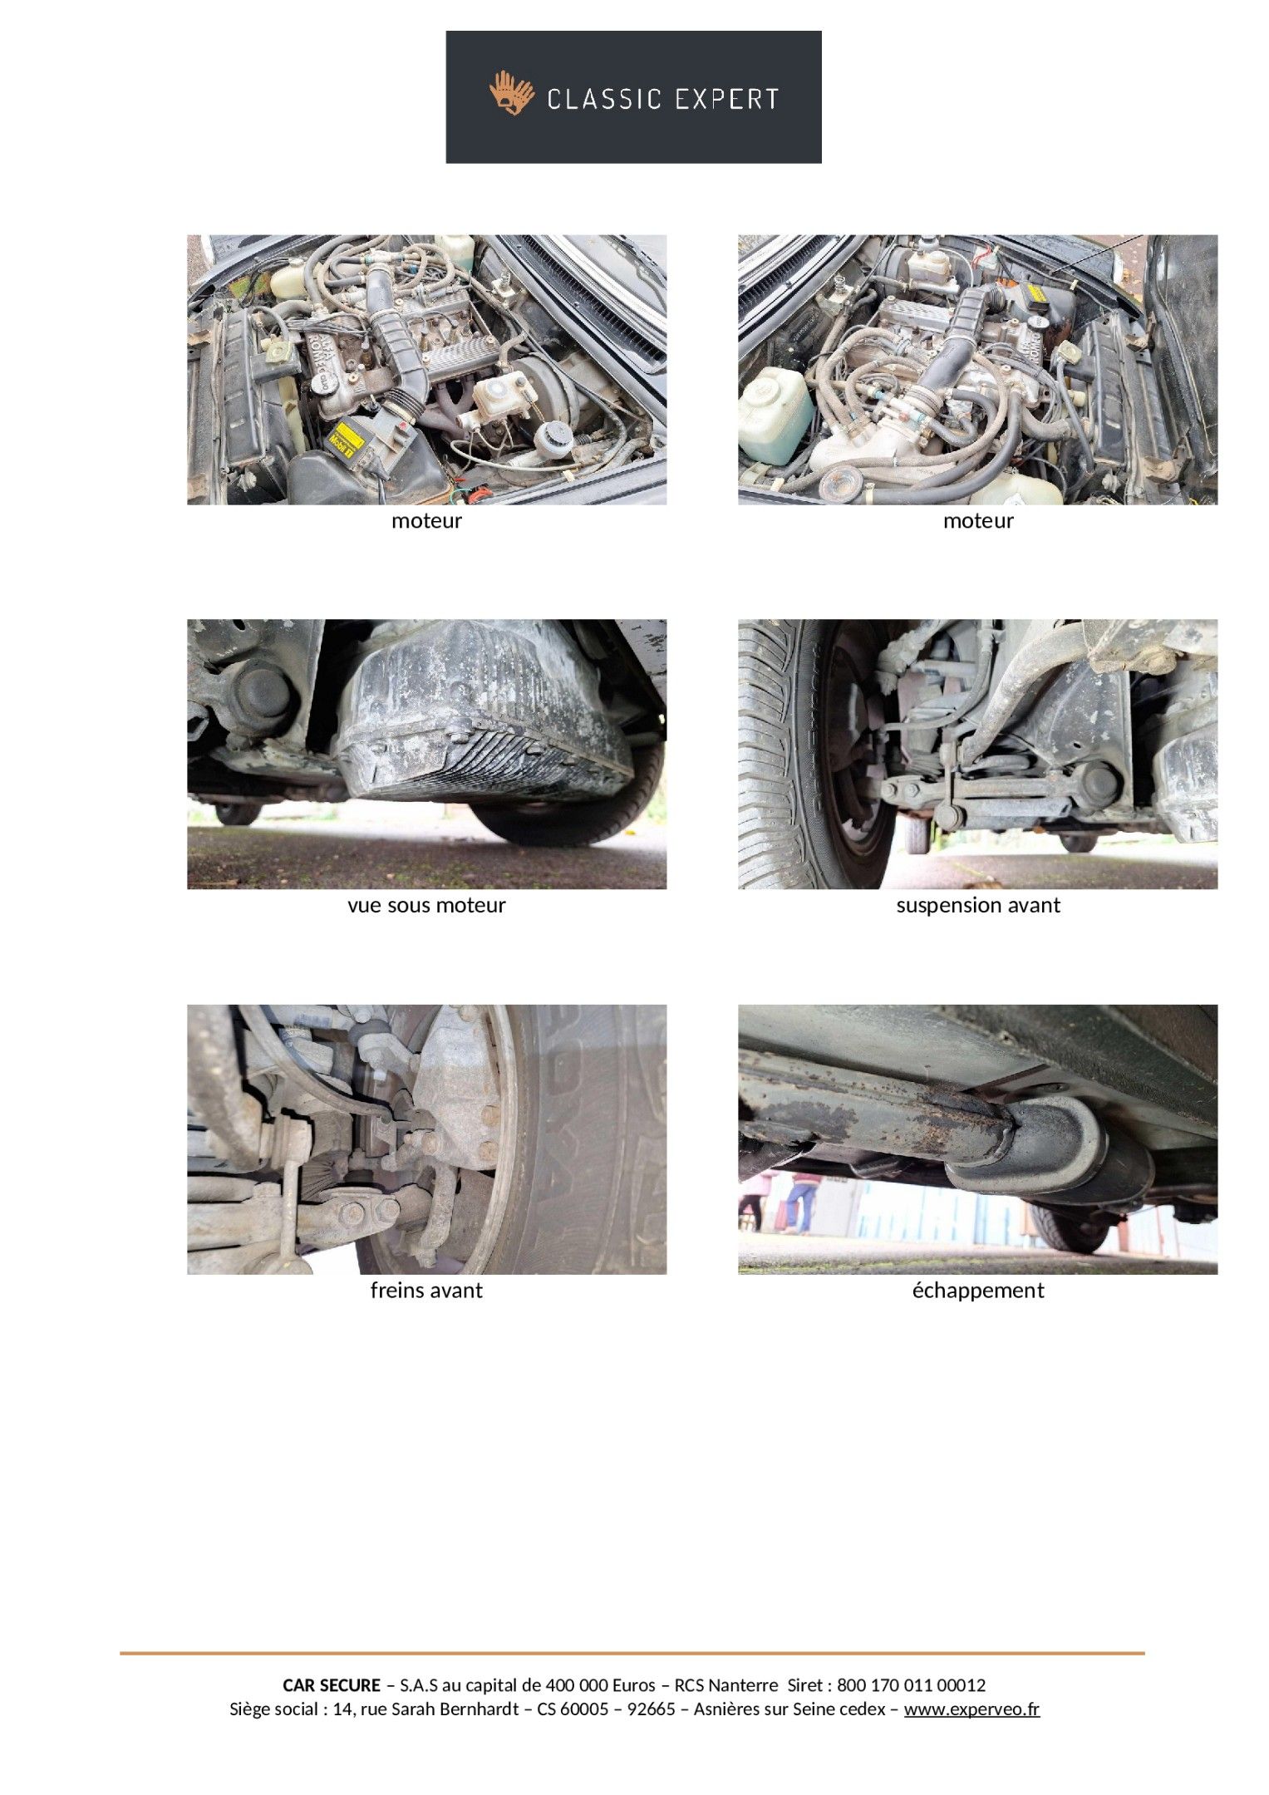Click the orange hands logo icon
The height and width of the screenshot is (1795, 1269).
pos(511,93)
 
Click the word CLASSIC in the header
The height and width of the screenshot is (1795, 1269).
pos(604,100)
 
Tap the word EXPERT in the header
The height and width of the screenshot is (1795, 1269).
pos(726,100)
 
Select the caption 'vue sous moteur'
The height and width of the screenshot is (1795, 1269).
pos(426,905)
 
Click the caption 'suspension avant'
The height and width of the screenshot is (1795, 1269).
pos(978,905)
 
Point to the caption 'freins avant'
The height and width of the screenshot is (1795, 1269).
pos(426,1290)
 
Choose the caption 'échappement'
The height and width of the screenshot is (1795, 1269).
pos(978,1291)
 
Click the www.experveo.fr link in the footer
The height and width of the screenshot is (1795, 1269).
pos(971,1709)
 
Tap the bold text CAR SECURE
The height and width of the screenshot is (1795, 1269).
pos(332,1685)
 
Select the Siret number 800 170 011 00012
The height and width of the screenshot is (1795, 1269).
pos(911,1685)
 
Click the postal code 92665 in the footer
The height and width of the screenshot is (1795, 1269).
pos(651,1709)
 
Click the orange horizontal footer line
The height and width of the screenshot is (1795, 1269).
pos(632,1654)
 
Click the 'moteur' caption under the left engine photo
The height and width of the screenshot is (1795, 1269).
pos(426,521)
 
